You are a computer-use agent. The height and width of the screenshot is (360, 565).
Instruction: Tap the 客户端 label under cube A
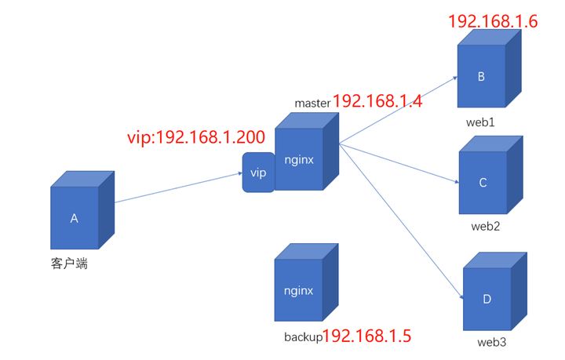[x=69, y=264]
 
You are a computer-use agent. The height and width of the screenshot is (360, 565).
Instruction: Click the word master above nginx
[x=312, y=103]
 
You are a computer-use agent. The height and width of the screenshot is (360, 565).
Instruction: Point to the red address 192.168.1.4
[x=378, y=101]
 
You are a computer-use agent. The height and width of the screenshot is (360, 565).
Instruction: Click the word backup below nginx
[x=302, y=336]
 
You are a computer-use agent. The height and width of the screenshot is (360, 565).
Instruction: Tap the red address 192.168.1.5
[x=367, y=336]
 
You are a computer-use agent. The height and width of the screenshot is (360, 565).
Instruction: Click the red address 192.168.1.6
[x=493, y=22]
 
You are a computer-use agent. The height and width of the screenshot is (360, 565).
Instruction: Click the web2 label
[x=486, y=227]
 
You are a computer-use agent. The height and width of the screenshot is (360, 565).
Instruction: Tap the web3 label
[x=493, y=344]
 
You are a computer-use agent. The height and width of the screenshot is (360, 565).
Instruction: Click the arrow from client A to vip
[x=177, y=188]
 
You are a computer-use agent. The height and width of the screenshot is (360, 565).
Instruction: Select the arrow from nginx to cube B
[x=400, y=110]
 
